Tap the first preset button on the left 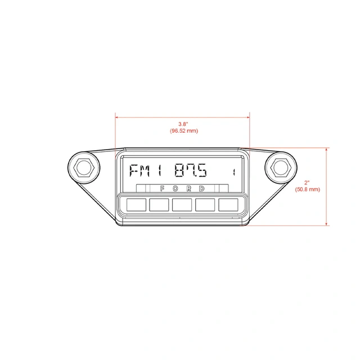[x=136, y=204]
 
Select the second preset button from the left [x=159, y=204]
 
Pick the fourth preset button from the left [x=205, y=204]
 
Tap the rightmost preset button [x=228, y=204]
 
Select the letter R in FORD [x=189, y=188]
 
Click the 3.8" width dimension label [x=183, y=124]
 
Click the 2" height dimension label [x=307, y=183]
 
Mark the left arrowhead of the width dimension [x=117, y=118]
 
